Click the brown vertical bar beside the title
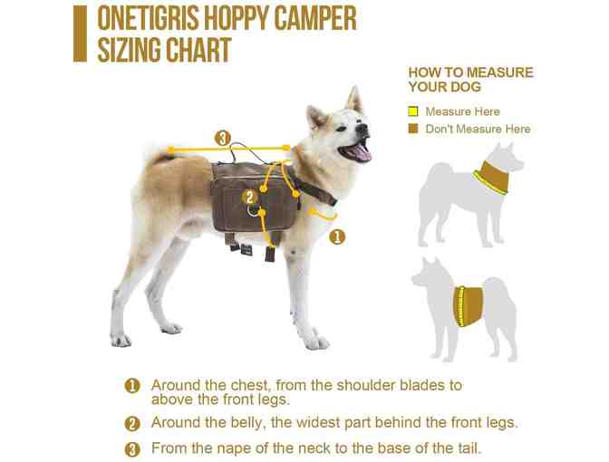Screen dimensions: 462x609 [x=80, y=34]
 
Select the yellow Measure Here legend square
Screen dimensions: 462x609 [x=413, y=111]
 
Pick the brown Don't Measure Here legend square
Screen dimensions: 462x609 [x=413, y=129]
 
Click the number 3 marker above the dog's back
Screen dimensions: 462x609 [x=223, y=139]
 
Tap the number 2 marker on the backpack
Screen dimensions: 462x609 [x=249, y=197]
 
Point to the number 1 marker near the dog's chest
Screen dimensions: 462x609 [x=336, y=237]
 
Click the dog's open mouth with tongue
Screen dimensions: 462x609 [x=358, y=150]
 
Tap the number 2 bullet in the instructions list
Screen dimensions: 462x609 [x=133, y=423]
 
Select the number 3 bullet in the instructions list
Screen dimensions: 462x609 [x=133, y=448]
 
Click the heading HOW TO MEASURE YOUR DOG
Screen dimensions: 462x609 [x=469, y=80]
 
